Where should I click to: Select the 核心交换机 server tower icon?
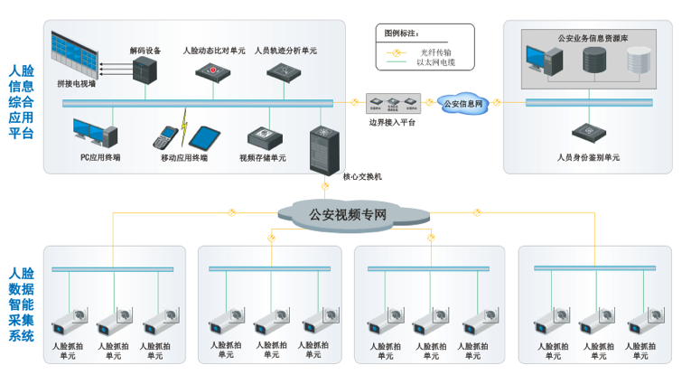(x=322, y=147)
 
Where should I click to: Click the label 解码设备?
(x=145, y=51)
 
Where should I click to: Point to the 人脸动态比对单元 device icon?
(x=214, y=71)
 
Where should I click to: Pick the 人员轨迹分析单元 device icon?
(x=286, y=71)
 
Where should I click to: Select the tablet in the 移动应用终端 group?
(x=204, y=137)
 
